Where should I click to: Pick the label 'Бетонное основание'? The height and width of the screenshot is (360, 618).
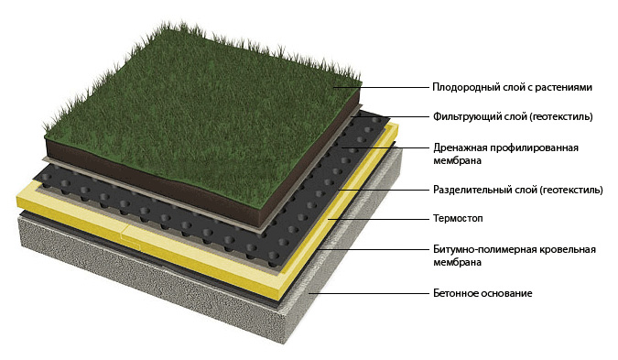click(482, 293)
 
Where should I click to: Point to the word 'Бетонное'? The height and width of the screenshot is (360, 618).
click(455, 293)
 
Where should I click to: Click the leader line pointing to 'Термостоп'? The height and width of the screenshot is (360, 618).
click(375, 220)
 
